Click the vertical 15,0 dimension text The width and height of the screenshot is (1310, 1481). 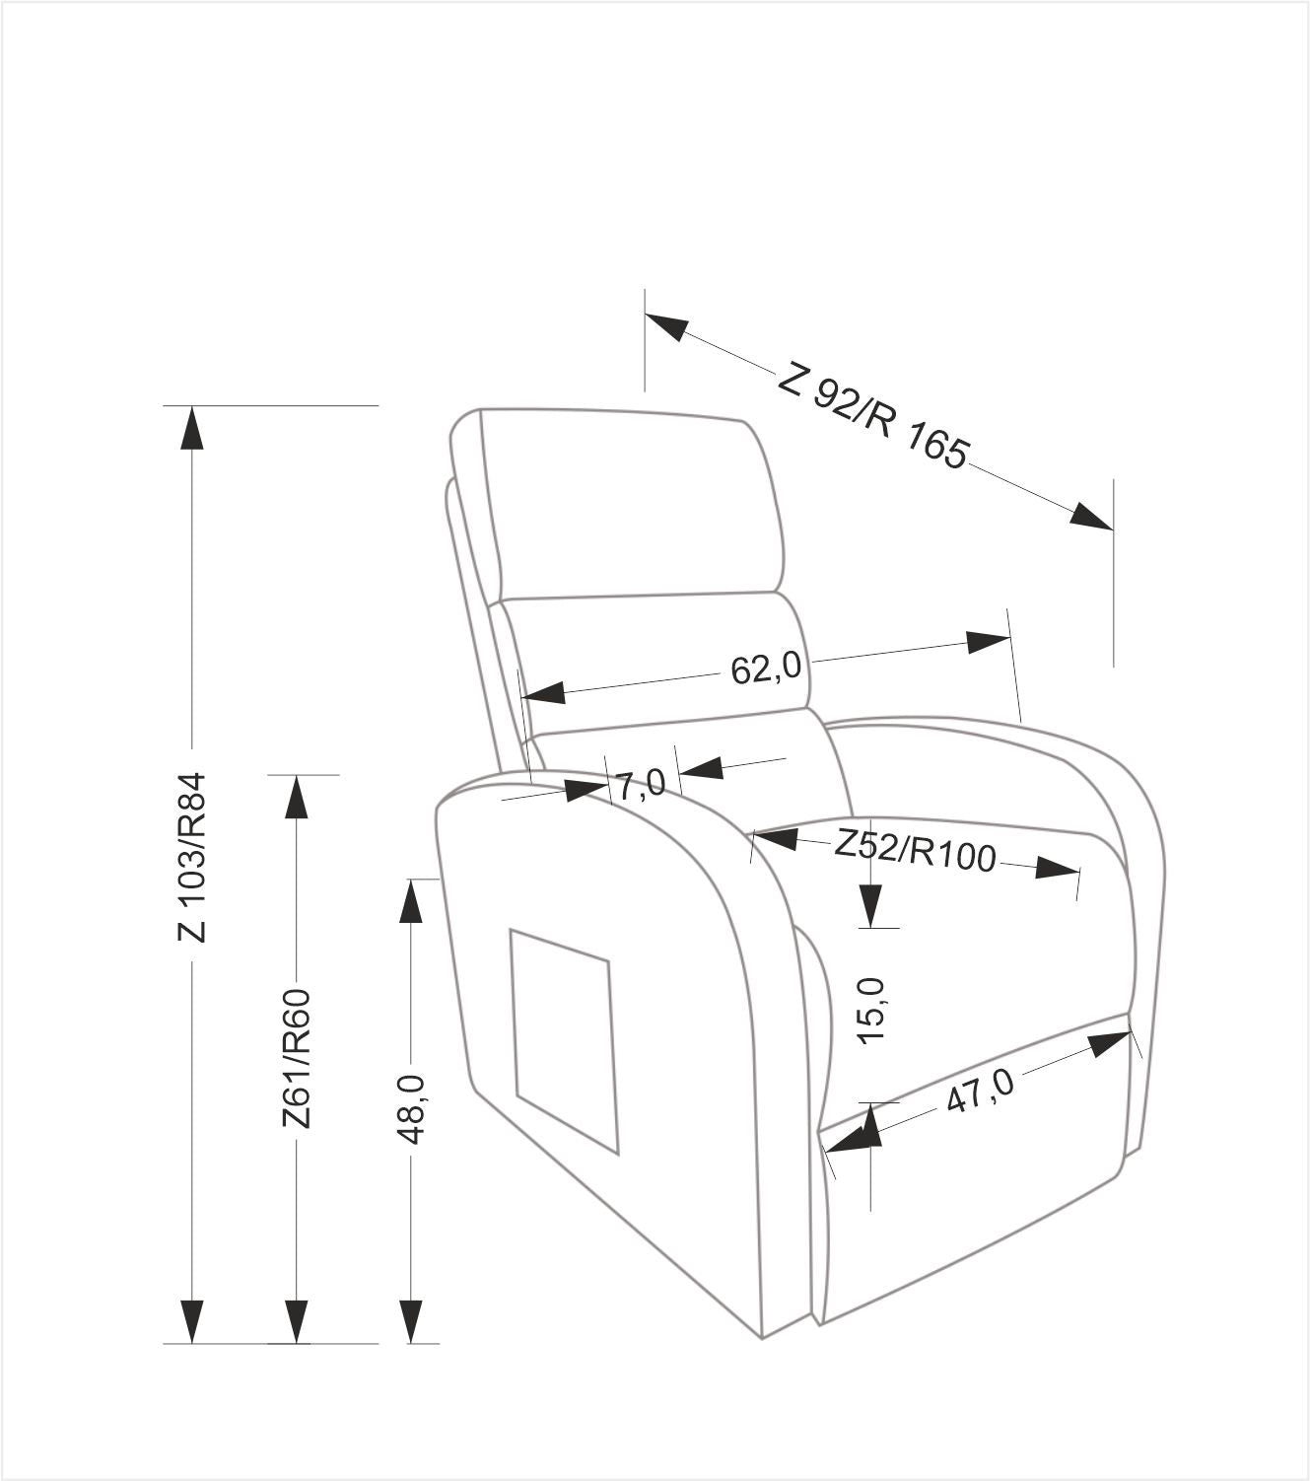coord(871,1011)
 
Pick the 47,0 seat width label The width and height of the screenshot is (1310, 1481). coord(980,1090)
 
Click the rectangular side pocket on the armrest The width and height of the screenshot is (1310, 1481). coord(564,1041)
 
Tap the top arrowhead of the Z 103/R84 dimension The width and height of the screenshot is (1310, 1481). coord(192,427)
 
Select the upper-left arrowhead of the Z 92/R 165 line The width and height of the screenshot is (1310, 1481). coord(666,326)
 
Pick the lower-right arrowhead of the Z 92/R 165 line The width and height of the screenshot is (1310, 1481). coord(1091,516)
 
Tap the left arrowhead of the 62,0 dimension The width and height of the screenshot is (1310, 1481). coord(544,692)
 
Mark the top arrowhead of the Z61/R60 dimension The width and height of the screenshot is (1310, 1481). coord(296,796)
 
